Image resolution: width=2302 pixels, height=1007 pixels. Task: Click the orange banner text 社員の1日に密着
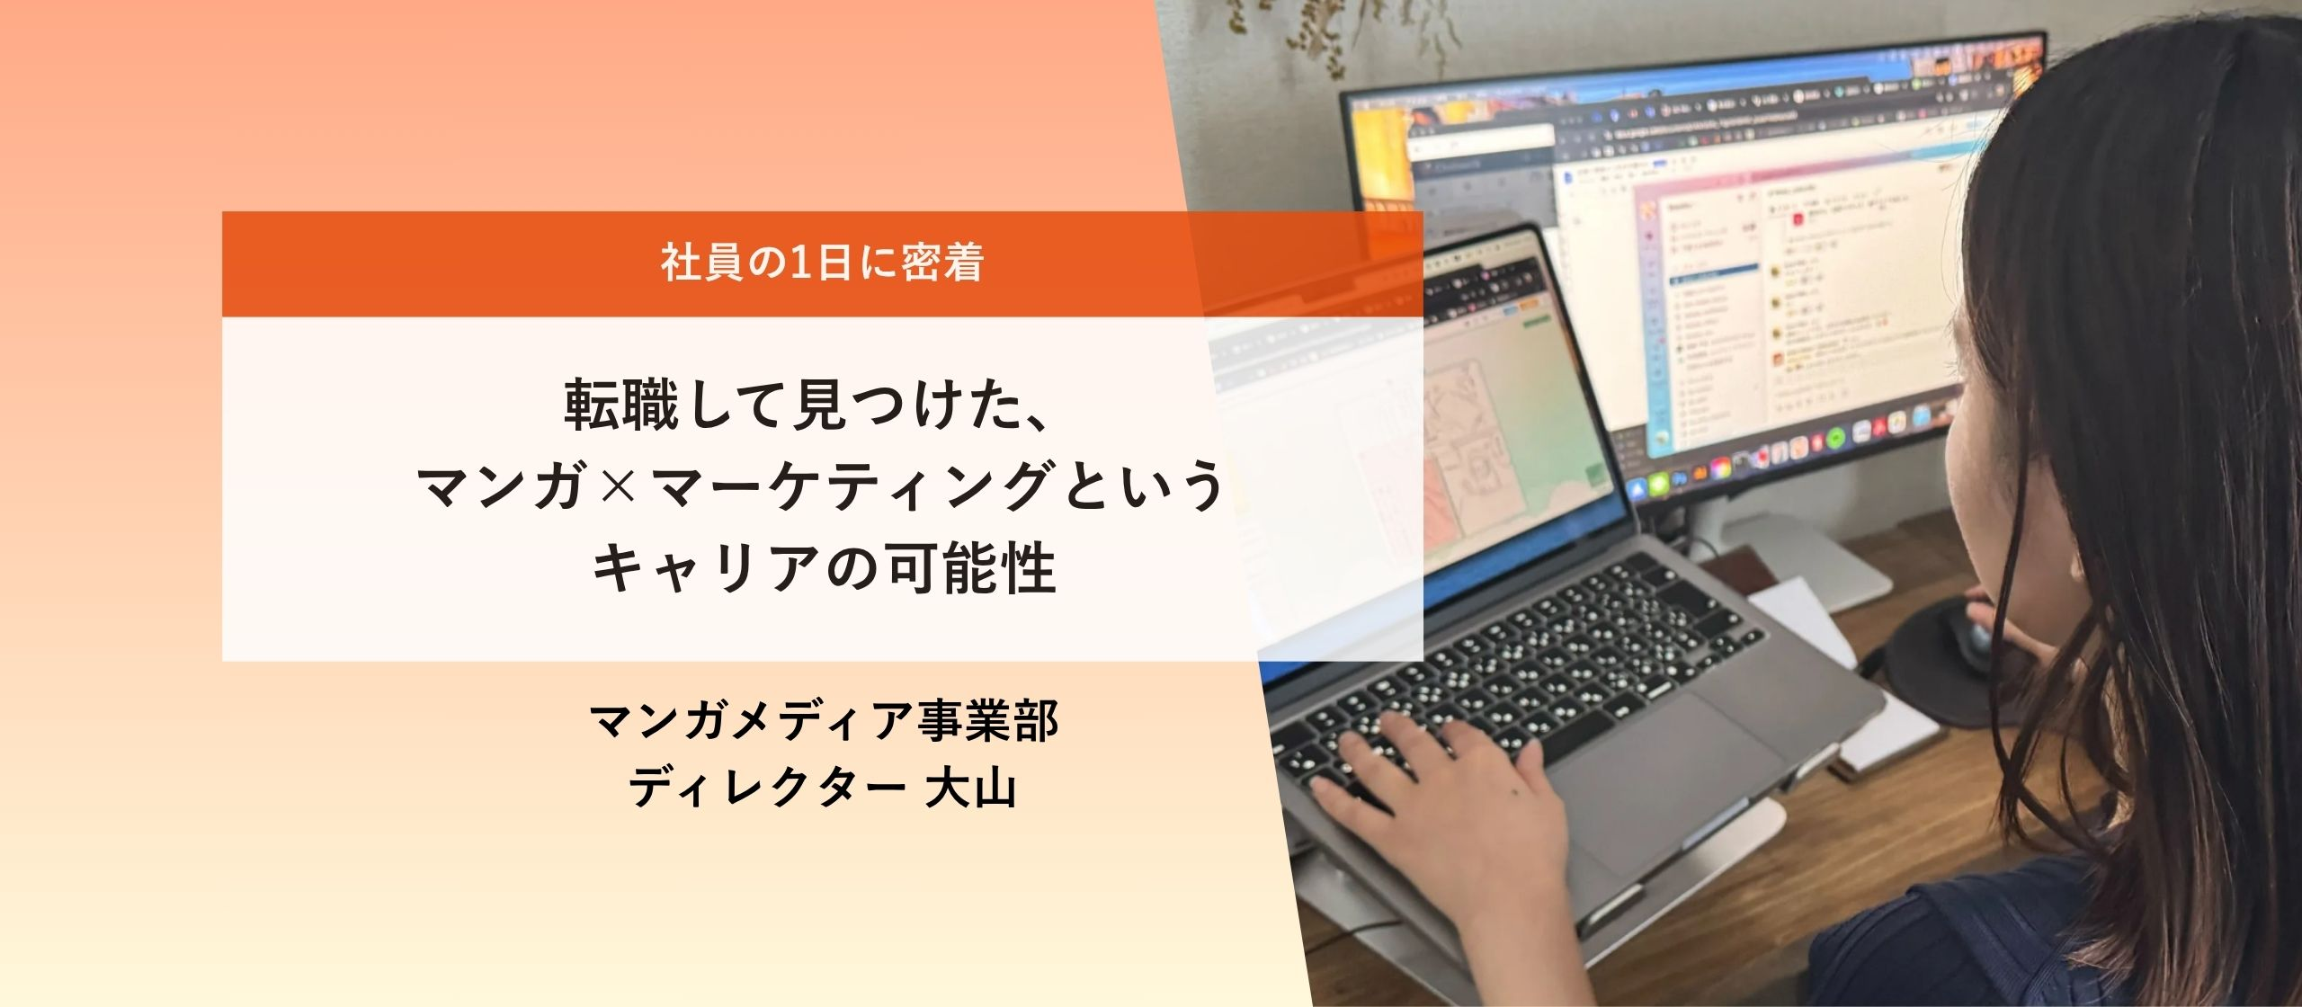pyautogui.click(x=822, y=263)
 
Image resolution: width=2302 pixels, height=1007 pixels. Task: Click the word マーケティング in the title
pyautogui.click(x=851, y=486)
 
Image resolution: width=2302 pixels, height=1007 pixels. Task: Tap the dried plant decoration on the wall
pyautogui.click(x=1304, y=36)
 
